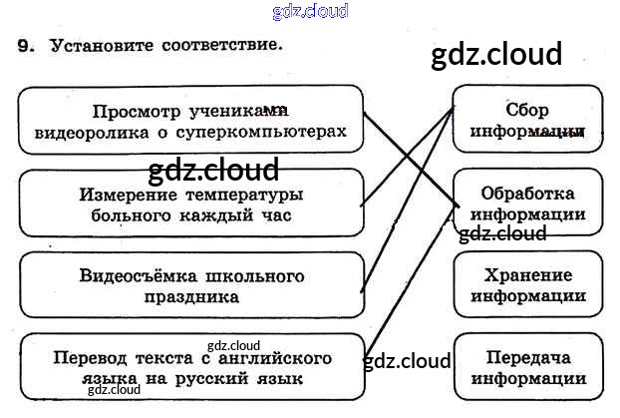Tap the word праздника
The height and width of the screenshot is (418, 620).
[189, 296]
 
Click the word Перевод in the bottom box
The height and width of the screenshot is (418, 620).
[90, 357]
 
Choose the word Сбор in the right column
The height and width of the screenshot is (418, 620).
[527, 110]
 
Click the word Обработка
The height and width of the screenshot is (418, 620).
[527, 193]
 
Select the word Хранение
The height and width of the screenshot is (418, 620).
[527, 274]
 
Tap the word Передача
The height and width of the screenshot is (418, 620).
[527, 357]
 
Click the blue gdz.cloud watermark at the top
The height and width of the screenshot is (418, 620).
[309, 12]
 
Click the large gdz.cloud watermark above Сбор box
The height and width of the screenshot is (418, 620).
[496, 54]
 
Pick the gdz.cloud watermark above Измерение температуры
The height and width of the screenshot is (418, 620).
[212, 171]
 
